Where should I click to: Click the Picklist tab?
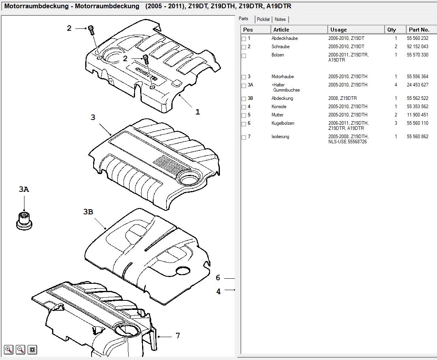tap(263, 19)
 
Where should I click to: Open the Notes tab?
tap(280, 19)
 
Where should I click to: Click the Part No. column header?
tap(419, 30)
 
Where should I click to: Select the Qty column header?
tap(392, 30)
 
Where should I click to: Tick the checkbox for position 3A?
tap(244, 85)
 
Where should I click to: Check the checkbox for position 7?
tap(244, 137)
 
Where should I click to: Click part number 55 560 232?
tap(417, 38)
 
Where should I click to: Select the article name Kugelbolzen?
tap(283, 123)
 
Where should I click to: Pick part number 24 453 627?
tap(417, 85)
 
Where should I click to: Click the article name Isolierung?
tap(280, 137)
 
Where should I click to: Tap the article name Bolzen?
tap(278, 55)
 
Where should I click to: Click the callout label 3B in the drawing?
tap(88, 212)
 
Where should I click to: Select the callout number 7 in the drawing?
tap(178, 336)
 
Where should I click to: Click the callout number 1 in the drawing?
tap(198, 112)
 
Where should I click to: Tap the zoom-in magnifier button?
tap(9, 349)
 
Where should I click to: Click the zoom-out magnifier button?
tap(21, 349)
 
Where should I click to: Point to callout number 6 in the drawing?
tap(218, 278)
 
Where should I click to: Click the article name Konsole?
tap(279, 107)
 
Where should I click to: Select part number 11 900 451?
tap(417, 115)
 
